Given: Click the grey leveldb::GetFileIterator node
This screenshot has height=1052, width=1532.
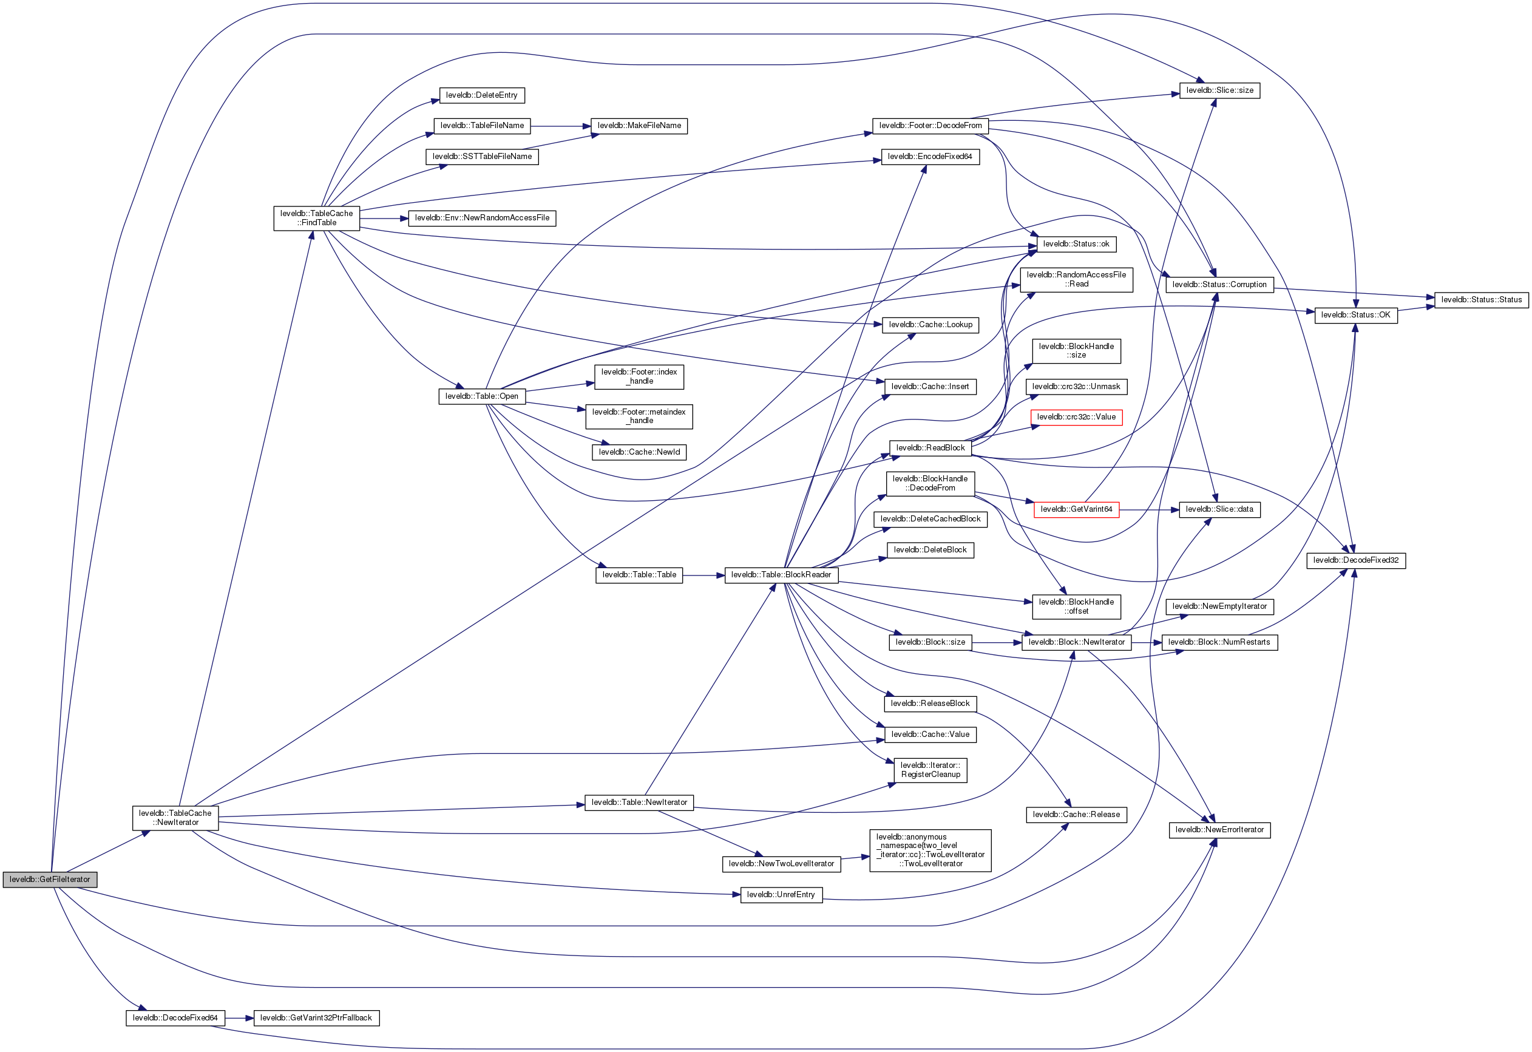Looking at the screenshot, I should [50, 880].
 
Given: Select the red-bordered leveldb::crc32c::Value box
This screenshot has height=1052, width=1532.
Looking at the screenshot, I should [1076, 417].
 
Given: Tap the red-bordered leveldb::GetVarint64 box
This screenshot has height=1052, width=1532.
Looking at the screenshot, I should [1076, 509].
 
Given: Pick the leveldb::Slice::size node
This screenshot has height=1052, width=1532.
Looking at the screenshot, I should [1219, 90].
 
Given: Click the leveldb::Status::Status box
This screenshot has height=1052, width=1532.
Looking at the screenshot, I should [1480, 300].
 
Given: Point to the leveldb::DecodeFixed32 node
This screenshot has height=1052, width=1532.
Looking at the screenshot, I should [1355, 560].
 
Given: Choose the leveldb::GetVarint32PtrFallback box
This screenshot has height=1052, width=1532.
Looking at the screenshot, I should [316, 1018].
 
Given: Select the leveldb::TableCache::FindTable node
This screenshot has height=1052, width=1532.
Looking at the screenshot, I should [316, 218].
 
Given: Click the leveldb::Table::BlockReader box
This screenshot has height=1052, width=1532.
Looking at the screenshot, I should [781, 575].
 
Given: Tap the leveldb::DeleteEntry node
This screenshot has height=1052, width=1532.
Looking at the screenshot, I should [481, 95].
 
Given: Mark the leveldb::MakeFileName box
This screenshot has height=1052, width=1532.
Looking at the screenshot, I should [639, 126].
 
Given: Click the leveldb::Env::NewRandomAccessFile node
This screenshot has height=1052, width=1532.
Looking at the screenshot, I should [482, 218].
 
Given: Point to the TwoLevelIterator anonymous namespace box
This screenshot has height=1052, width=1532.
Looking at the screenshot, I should [929, 850].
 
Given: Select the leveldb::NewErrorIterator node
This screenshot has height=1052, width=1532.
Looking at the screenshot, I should [1219, 830].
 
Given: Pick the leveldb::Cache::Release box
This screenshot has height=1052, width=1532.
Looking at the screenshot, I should [1076, 815].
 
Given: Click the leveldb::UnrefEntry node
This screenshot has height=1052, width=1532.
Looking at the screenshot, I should [781, 894].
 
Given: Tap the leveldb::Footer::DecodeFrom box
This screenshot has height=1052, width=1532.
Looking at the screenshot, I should [929, 126].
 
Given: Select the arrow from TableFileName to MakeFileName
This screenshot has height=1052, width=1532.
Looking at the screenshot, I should [560, 126].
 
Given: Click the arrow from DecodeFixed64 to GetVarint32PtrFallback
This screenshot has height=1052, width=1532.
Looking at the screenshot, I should [239, 1018].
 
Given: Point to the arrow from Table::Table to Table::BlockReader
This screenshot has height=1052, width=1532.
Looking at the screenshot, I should [703, 575].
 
